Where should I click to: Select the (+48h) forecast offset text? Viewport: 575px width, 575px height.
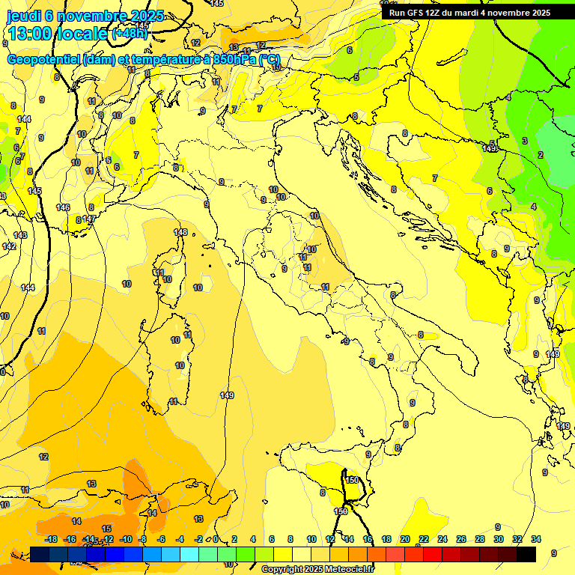tap(130, 34)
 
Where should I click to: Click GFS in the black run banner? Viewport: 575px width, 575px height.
tap(421, 13)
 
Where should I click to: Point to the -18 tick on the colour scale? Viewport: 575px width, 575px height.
tap(52, 539)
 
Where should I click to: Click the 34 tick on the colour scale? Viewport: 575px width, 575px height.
tap(536, 539)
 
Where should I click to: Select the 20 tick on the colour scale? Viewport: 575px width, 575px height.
tap(405, 539)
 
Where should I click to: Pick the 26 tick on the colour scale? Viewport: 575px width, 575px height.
tap(460, 539)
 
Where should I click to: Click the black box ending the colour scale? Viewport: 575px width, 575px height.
tap(526, 554)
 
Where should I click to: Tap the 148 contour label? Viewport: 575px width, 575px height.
tap(180, 233)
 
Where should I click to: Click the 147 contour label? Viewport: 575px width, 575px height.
tap(89, 219)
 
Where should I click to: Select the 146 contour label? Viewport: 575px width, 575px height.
tap(63, 207)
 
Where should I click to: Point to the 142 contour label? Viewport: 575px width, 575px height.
tap(9, 246)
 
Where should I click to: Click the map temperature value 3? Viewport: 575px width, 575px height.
tap(525, 141)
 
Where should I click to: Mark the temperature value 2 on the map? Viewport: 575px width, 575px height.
tap(541, 155)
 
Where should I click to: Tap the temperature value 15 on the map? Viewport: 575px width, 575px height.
tap(106, 529)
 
